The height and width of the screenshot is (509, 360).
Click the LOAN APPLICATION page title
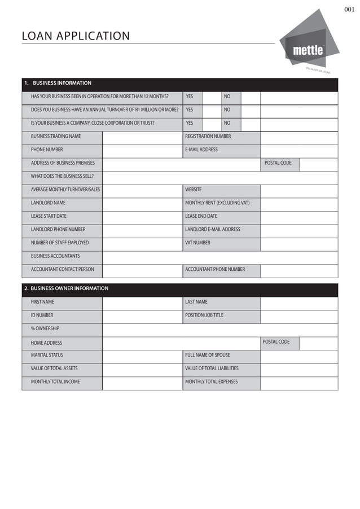pyautogui.click(x=76, y=36)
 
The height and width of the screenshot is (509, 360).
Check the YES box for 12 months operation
pyautogui.click(x=211, y=96)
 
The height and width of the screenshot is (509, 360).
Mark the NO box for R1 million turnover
pyautogui.click(x=251, y=109)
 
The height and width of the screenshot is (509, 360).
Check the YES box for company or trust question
pyautogui.click(x=211, y=123)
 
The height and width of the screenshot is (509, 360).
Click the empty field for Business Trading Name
pyautogui.click(x=142, y=137)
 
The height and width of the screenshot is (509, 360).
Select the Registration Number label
pyautogui.click(x=208, y=137)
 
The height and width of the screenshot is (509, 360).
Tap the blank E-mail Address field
pyautogui.click(x=298, y=150)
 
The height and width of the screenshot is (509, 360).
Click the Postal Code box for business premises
pyautogui.click(x=318, y=164)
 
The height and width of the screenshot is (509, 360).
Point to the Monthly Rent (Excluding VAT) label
pyautogui.click(x=217, y=203)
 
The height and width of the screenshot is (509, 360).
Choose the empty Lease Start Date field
pyautogui.click(x=142, y=217)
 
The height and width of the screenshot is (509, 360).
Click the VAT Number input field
pyautogui.click(x=298, y=243)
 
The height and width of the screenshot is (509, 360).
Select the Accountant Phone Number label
pyautogui.click(x=215, y=270)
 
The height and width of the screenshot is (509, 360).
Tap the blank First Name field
pyautogui.click(x=142, y=302)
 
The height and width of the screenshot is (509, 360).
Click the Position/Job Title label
pyautogui.click(x=204, y=315)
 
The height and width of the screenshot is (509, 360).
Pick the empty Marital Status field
pyautogui.click(x=142, y=356)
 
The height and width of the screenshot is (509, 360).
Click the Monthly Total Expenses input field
pyautogui.click(x=298, y=383)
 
